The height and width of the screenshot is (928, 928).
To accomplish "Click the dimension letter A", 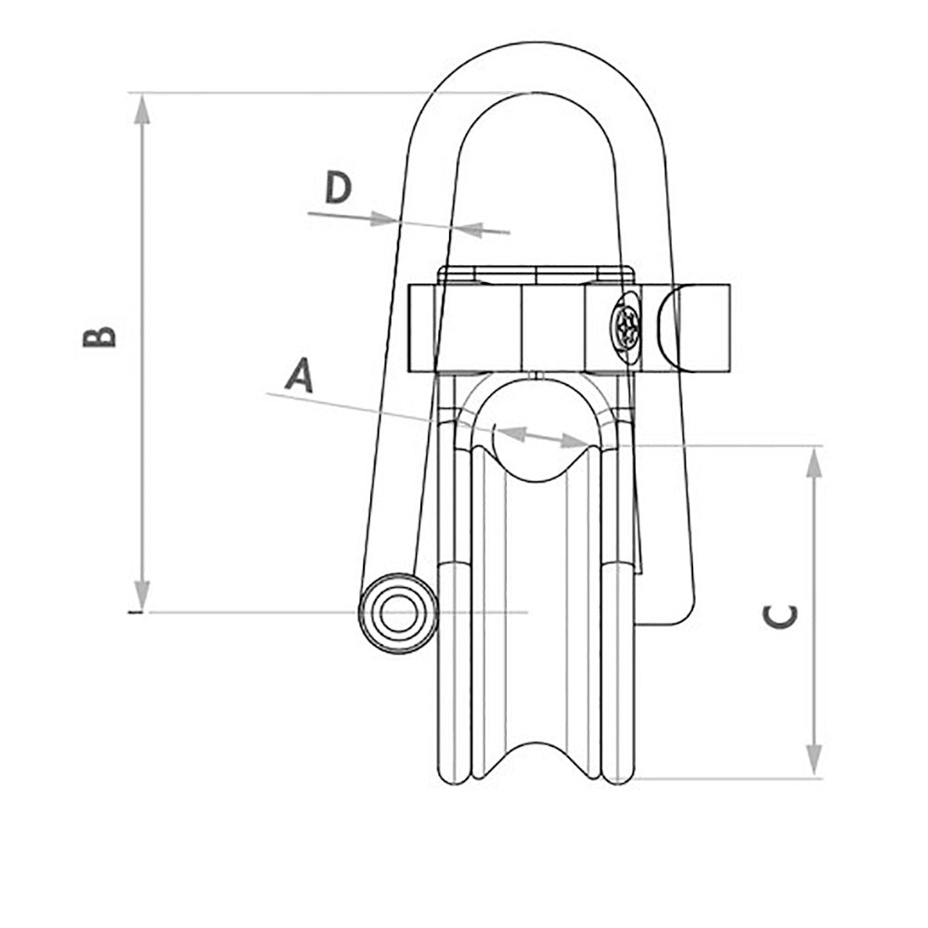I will (298, 376).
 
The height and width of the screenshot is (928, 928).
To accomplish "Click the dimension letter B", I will (100, 336).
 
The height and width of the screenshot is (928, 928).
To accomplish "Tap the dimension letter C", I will (780, 615).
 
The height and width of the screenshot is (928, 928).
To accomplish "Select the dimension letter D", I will (339, 188).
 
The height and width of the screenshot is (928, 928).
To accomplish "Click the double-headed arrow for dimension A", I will (544, 436).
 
